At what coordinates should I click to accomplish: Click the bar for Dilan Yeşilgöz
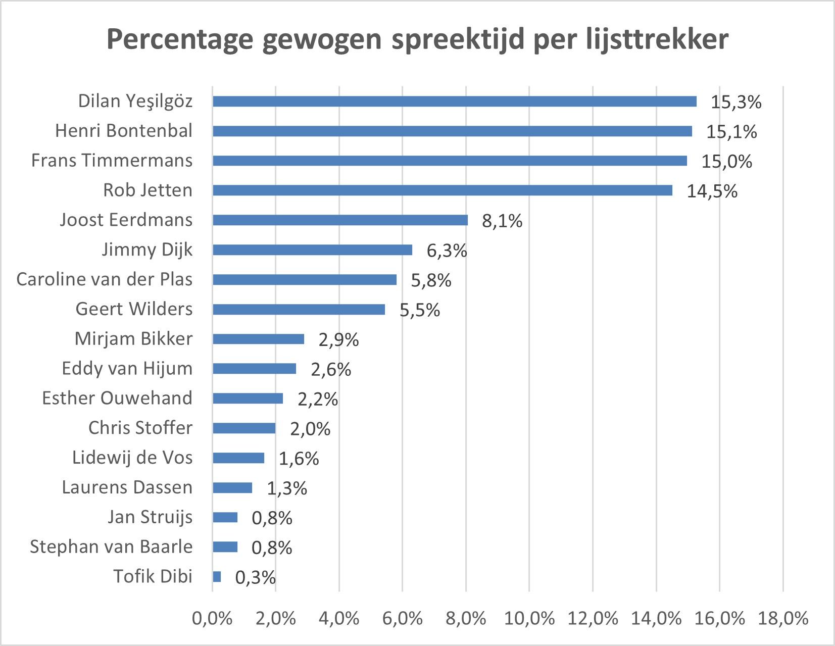tap(455, 102)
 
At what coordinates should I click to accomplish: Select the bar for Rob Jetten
tap(443, 190)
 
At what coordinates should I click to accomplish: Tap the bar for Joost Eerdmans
tap(340, 220)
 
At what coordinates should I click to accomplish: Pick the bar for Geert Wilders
tap(299, 310)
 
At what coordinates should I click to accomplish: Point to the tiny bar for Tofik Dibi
tap(217, 577)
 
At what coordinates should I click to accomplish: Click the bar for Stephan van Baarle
tap(225, 547)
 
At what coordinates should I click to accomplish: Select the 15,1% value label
tap(731, 132)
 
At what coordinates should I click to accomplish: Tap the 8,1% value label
tap(502, 221)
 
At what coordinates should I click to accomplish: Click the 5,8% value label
tap(430, 281)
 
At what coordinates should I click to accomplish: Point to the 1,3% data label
tap(286, 488)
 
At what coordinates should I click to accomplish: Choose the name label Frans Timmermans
tap(112, 161)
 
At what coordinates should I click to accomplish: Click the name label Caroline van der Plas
tap(104, 279)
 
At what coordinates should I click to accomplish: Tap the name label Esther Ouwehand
tap(117, 398)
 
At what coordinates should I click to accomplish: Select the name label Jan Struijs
tap(150, 517)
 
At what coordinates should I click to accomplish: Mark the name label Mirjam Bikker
tap(133, 339)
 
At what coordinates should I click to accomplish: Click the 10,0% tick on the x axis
tap(529, 618)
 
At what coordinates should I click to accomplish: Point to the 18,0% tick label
tap(782, 618)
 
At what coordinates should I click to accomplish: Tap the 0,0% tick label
tap(212, 618)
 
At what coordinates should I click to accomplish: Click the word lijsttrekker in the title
tap(657, 39)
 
